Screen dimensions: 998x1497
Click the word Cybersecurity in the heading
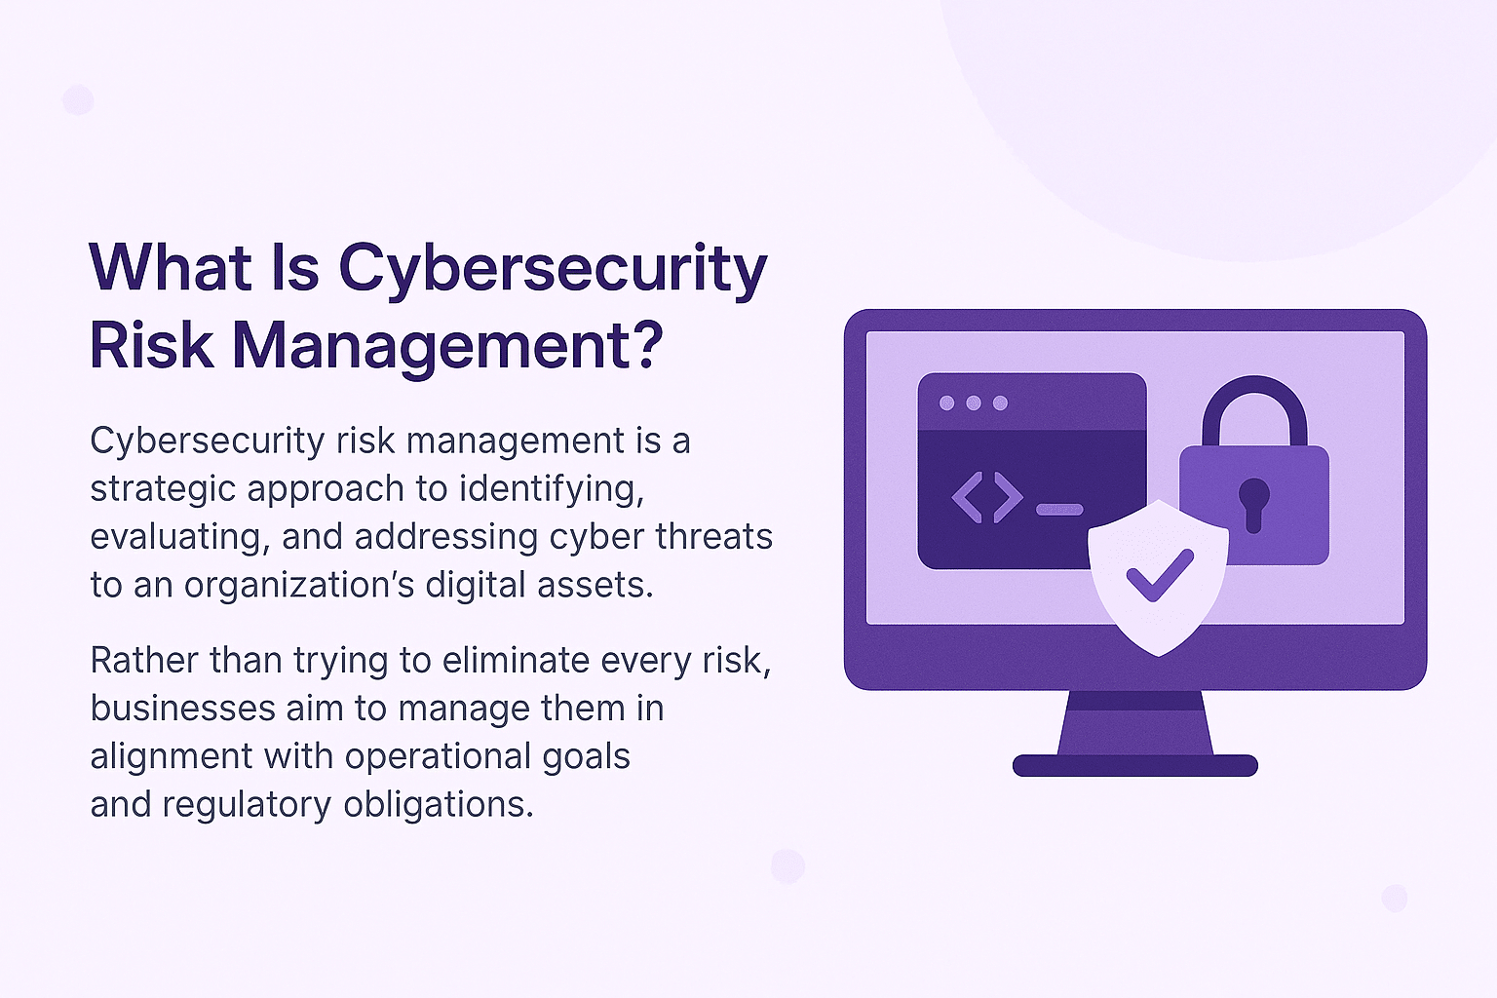click(553, 270)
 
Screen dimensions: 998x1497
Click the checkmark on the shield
click(1159, 575)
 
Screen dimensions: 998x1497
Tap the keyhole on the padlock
click(1253, 501)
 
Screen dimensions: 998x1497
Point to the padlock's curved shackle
click(1253, 400)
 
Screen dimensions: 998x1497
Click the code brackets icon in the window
click(986, 497)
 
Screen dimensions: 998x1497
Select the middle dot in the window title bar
click(973, 403)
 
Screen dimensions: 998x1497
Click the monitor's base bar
click(1134, 765)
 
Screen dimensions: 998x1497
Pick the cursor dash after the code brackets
click(1058, 510)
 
